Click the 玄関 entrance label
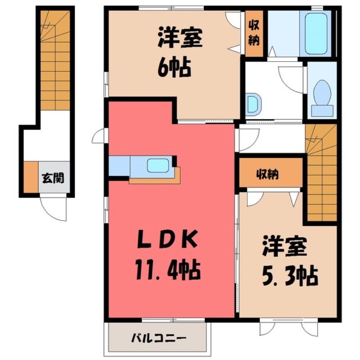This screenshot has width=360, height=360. pos(53,178)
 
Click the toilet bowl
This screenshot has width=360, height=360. pos(322,94)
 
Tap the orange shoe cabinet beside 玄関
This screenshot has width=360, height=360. pos(31,177)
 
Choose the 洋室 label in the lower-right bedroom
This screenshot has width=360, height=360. pos(285,247)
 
